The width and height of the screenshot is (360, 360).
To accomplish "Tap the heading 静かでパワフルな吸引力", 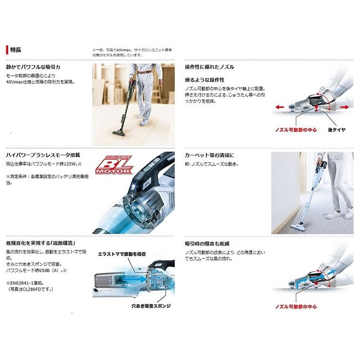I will (x=33, y=67).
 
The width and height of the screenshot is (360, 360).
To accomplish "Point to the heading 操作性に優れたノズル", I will (x=209, y=67).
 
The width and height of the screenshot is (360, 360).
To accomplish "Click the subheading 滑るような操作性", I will (x=204, y=80).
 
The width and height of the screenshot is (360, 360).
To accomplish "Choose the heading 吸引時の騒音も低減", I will (x=207, y=243).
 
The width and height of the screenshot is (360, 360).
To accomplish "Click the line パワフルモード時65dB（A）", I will (x=41, y=270).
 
